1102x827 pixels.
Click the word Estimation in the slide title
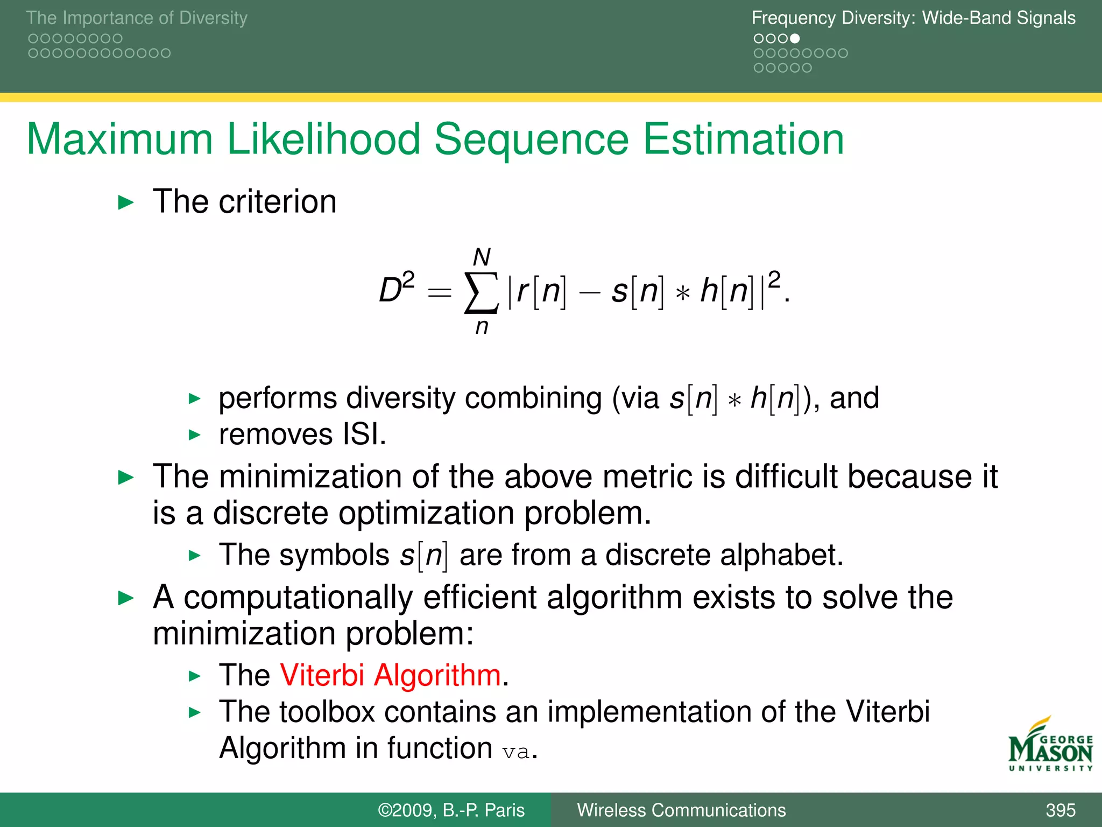pos(743,139)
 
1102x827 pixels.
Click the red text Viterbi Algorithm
pos(390,675)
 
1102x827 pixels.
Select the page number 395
pos(1060,810)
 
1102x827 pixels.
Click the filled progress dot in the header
pos(795,39)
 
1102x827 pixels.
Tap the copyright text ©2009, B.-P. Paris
pos(451,810)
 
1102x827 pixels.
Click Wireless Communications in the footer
pos(681,810)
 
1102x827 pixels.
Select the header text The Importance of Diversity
pos(137,18)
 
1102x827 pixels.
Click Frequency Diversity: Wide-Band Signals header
pos(913,18)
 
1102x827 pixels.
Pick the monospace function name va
pos(515,752)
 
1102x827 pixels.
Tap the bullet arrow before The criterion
pos(126,203)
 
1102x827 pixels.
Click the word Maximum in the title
pos(119,139)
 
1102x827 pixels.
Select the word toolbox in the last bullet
pos(327,712)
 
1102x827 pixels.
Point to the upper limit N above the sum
pos(482,257)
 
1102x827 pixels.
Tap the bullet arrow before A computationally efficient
pos(126,598)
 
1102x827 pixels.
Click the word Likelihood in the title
pos(323,139)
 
